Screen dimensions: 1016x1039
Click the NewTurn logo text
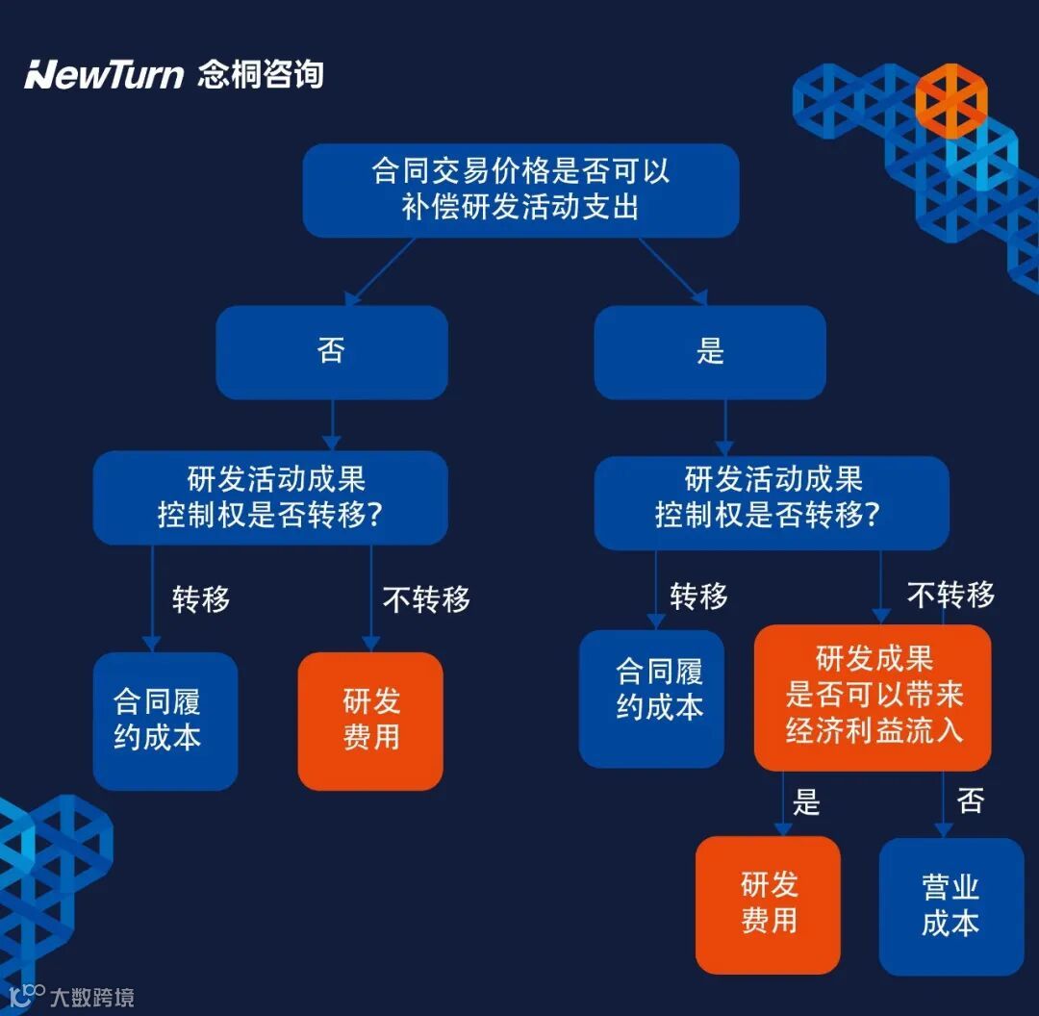pyautogui.click(x=104, y=74)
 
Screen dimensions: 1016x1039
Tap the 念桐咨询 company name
pyautogui.click(x=261, y=74)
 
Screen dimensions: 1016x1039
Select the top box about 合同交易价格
pyautogui.click(x=520, y=190)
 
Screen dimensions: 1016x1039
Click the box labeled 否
pyautogui.click(x=331, y=351)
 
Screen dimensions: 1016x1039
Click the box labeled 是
pyautogui.click(x=710, y=351)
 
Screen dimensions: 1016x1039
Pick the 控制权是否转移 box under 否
pyautogui.click(x=270, y=497)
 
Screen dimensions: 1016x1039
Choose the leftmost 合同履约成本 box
pyautogui.click(x=165, y=721)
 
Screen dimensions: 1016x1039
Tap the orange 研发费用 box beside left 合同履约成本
pyautogui.click(x=370, y=721)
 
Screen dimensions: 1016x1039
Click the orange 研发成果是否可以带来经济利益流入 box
pyautogui.click(x=873, y=697)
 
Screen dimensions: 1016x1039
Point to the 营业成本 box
pyautogui.click(x=950, y=905)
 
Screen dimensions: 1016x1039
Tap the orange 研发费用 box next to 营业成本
pyautogui.click(x=768, y=903)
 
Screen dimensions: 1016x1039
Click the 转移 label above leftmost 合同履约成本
pyautogui.click(x=201, y=599)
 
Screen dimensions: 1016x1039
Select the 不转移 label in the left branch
pyautogui.click(x=426, y=599)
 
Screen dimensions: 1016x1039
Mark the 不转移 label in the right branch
pyautogui.click(x=950, y=596)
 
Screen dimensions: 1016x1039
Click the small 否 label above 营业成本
pyautogui.click(x=970, y=800)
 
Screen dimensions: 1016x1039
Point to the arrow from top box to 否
pyautogui.click(x=380, y=272)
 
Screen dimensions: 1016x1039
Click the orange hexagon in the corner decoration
pyautogui.click(x=951, y=98)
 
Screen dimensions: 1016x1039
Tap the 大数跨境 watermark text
pyautogui.click(x=91, y=997)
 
